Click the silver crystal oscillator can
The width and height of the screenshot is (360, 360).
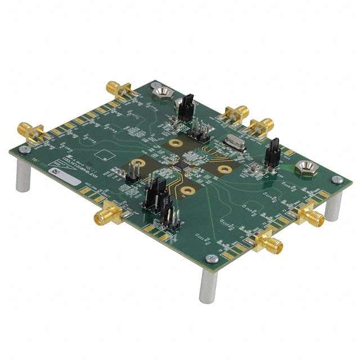tap(232, 144)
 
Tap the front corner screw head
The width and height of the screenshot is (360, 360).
tap(211, 259)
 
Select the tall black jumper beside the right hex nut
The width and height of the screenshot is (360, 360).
tap(272, 153)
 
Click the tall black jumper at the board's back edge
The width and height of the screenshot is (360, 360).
tap(186, 107)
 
